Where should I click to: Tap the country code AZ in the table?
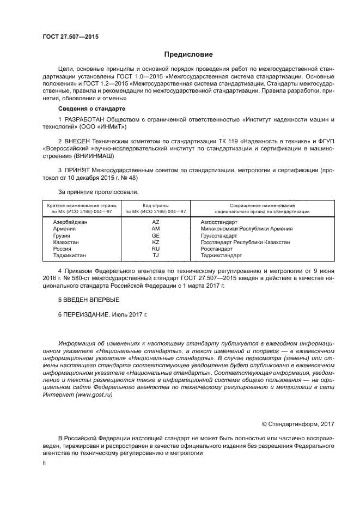(x=156, y=222)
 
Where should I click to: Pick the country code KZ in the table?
(x=156, y=242)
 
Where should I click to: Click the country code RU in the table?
(x=156, y=248)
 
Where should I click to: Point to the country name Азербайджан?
(x=70, y=222)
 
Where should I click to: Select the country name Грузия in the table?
(x=62, y=235)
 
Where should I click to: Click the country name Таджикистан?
(x=69, y=255)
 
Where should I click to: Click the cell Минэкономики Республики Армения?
(x=246, y=229)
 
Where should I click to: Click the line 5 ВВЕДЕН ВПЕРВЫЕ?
(x=88, y=300)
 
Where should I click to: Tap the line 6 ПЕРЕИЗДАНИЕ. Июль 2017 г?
(x=102, y=315)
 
